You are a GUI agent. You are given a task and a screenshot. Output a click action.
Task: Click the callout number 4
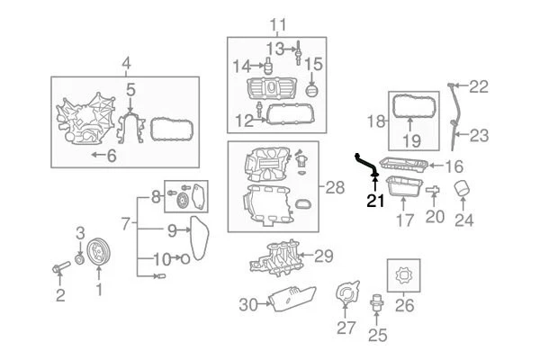[126, 63]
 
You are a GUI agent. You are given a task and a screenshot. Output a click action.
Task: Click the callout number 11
[278, 23]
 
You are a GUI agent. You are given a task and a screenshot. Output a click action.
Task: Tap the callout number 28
[334, 188]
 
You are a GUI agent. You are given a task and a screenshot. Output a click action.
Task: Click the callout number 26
[404, 305]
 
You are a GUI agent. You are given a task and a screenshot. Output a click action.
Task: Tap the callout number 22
[478, 87]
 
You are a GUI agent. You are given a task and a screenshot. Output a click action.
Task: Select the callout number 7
[126, 222]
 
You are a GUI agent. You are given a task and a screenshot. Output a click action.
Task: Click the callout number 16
[453, 166]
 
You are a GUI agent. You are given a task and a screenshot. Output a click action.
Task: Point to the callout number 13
[274, 47]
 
